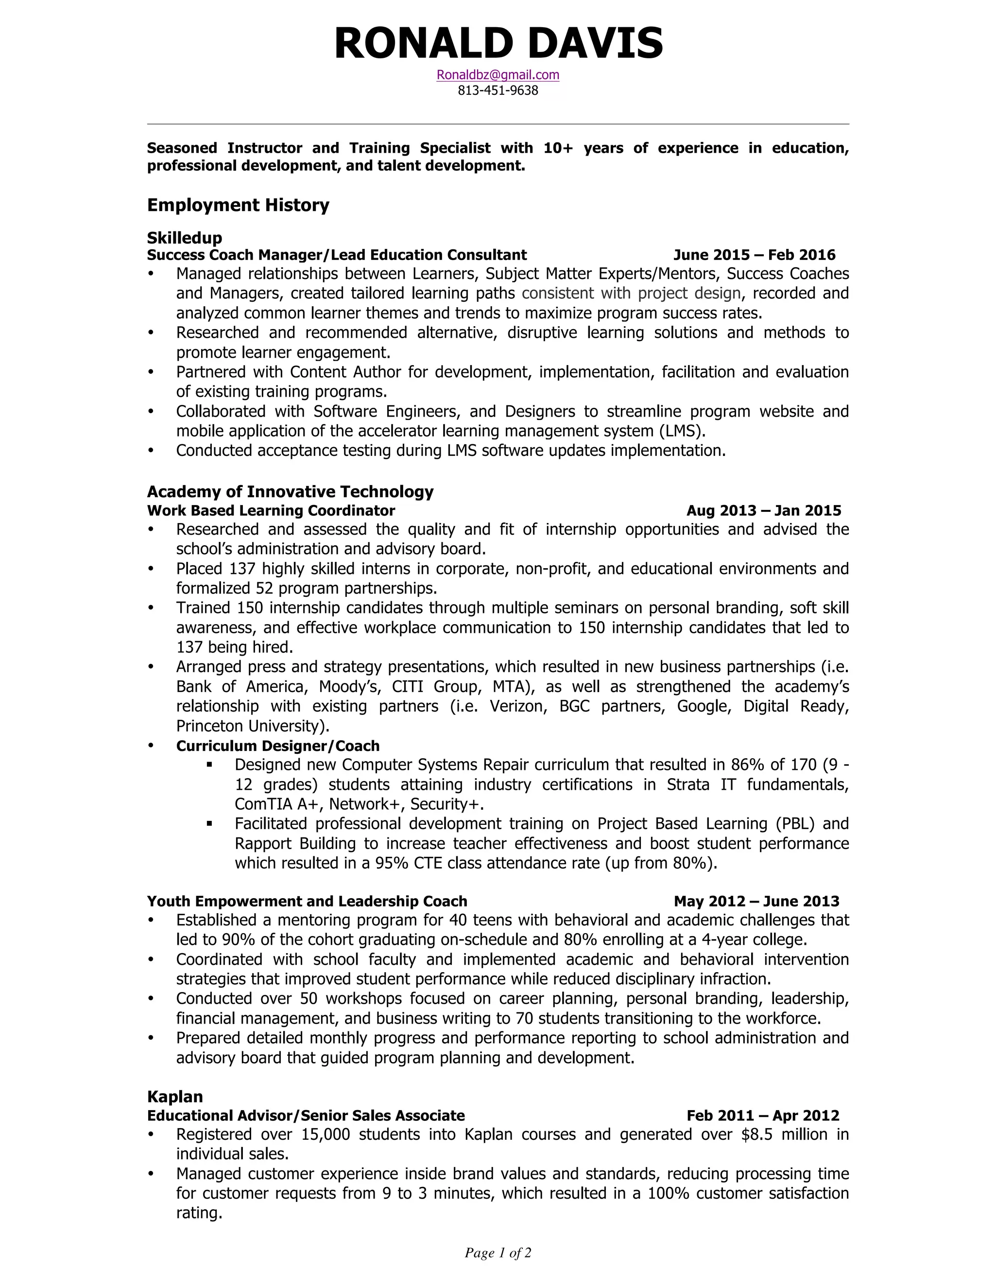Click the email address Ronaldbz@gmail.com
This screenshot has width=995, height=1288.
pos(497,75)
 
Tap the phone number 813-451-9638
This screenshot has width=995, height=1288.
pos(497,90)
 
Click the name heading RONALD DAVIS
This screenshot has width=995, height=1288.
pos(498,44)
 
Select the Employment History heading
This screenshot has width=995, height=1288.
pos(238,205)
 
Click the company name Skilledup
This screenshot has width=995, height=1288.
pos(185,238)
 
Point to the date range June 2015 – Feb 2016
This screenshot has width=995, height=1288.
pos(754,255)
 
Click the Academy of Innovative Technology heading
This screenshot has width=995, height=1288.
pos(290,491)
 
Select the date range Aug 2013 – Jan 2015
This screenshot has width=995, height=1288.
pos(763,510)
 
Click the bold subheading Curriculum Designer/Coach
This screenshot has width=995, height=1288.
pos(277,746)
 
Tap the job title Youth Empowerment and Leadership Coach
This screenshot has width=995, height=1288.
pos(307,901)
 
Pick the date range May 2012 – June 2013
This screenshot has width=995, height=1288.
pos(756,901)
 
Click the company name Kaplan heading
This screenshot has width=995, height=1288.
pos(174,1097)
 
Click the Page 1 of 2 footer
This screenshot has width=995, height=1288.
pos(497,1253)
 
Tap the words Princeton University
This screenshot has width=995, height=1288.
pos(252,726)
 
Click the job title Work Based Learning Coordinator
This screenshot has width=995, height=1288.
pos(271,510)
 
